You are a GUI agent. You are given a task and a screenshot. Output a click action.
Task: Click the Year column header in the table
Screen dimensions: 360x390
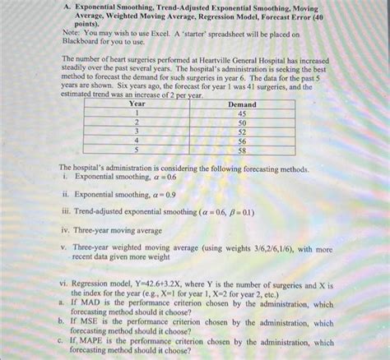coord(137,104)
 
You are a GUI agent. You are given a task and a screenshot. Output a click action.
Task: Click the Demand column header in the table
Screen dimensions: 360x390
coord(241,104)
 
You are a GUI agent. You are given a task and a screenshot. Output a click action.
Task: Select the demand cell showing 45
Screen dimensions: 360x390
coord(241,113)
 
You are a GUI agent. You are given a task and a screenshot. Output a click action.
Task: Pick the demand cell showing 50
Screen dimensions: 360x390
coord(241,122)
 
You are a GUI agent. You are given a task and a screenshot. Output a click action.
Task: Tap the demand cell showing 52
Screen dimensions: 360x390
coord(241,132)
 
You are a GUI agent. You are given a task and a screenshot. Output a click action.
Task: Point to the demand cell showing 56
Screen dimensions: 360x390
coord(241,141)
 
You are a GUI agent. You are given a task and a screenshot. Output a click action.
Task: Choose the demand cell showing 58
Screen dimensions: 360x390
coord(241,150)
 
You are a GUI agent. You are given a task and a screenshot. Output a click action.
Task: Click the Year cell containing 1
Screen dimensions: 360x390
coord(137,113)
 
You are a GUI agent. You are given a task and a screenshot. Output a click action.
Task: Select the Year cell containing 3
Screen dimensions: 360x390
coord(137,132)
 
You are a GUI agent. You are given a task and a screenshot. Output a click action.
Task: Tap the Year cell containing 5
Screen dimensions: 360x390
coord(137,150)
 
